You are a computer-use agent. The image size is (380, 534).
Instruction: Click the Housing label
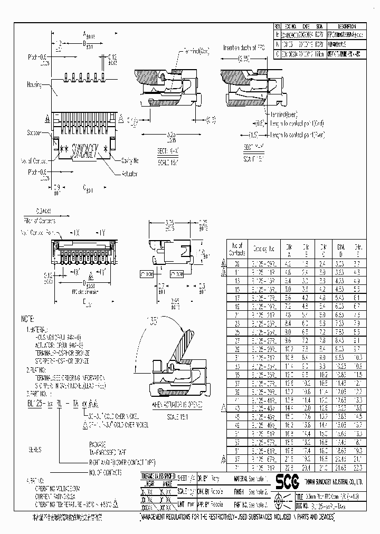(34, 84)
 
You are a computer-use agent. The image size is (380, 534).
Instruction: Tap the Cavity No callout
(129, 161)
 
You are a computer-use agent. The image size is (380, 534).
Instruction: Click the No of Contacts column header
(237, 247)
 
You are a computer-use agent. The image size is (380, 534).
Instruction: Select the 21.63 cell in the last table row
(341, 467)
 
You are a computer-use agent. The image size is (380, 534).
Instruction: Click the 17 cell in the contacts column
(237, 298)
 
